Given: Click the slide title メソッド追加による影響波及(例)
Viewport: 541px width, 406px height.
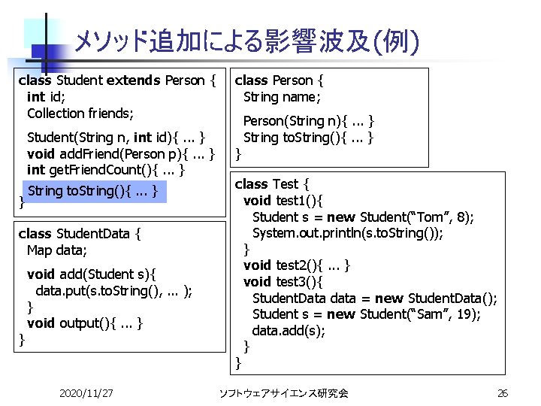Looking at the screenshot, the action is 246,41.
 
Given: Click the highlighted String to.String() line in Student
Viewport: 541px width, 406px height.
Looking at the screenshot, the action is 92,191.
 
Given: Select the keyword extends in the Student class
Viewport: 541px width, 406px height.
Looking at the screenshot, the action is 134,80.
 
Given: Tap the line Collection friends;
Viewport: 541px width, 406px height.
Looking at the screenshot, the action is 80,114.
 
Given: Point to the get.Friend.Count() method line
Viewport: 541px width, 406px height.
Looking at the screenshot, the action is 106,170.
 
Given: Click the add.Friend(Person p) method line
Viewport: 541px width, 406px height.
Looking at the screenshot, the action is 120,154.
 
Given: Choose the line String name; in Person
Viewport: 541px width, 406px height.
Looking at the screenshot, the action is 282,97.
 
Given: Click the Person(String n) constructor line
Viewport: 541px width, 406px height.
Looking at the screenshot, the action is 309,121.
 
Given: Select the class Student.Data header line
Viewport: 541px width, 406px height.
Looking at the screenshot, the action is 80,234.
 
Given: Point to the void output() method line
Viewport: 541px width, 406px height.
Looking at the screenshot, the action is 85,323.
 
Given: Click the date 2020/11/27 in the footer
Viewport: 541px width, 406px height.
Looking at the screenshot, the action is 86,393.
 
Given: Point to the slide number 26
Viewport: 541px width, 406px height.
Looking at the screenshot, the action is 503,393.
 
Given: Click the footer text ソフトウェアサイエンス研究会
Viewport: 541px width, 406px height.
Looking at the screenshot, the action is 283,393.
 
